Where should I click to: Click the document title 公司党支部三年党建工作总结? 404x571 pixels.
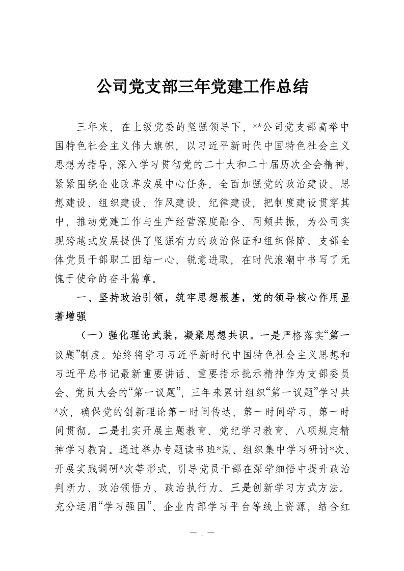click(202, 87)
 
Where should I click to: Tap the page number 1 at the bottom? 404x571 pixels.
click(202, 533)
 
